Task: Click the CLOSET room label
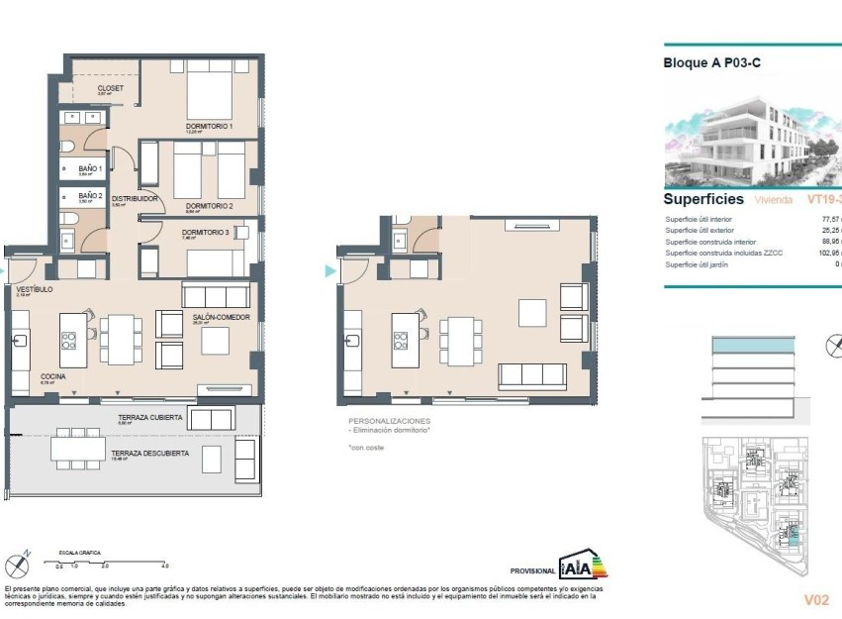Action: tap(110, 88)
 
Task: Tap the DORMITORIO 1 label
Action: tap(209, 127)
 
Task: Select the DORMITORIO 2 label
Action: tap(209, 206)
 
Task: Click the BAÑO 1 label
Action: tap(90, 168)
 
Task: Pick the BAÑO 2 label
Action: tap(90, 195)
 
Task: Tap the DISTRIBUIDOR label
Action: tap(135, 198)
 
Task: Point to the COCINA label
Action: tap(53, 377)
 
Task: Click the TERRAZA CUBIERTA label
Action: tap(149, 418)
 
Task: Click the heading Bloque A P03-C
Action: tap(710, 62)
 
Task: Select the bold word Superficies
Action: tap(702, 199)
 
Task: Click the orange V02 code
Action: tap(815, 600)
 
